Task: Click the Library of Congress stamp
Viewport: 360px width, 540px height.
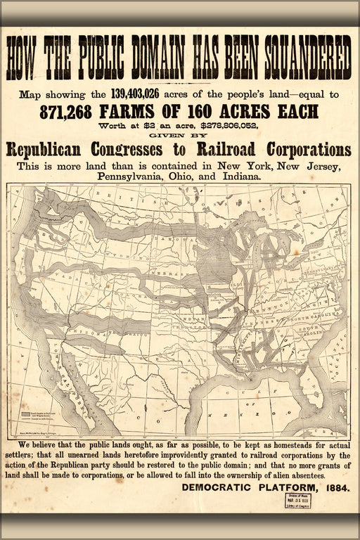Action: click(300, 500)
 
